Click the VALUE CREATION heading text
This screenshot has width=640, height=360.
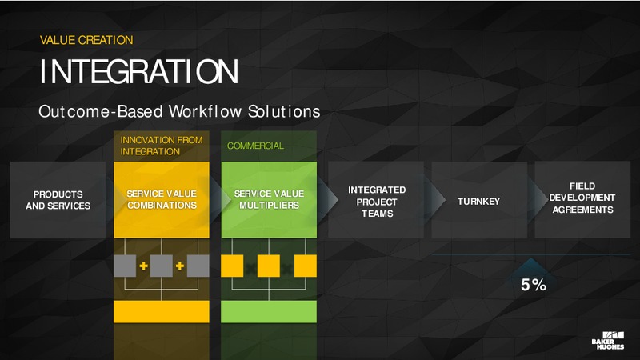click(86, 40)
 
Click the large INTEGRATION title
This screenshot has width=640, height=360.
click(138, 72)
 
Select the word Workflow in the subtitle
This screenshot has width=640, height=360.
click(205, 111)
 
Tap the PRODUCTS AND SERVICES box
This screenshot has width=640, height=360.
click(58, 200)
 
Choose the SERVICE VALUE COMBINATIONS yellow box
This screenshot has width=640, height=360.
click(162, 199)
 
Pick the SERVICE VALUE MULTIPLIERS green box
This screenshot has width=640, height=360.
click(269, 199)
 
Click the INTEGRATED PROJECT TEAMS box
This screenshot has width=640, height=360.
click(376, 200)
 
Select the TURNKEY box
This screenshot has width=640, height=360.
click(479, 200)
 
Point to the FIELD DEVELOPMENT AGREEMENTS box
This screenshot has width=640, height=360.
click(582, 199)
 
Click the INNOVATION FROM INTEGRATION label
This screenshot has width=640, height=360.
click(162, 146)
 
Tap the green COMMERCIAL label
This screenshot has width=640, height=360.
click(255, 146)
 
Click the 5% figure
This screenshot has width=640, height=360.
click(534, 285)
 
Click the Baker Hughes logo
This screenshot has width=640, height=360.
click(608, 341)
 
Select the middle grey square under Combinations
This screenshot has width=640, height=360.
click(162, 266)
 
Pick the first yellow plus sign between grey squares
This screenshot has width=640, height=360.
click(143, 266)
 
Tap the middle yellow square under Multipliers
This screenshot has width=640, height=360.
click(269, 266)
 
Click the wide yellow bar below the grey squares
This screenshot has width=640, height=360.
click(162, 312)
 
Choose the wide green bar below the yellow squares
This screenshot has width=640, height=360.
click(269, 312)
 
